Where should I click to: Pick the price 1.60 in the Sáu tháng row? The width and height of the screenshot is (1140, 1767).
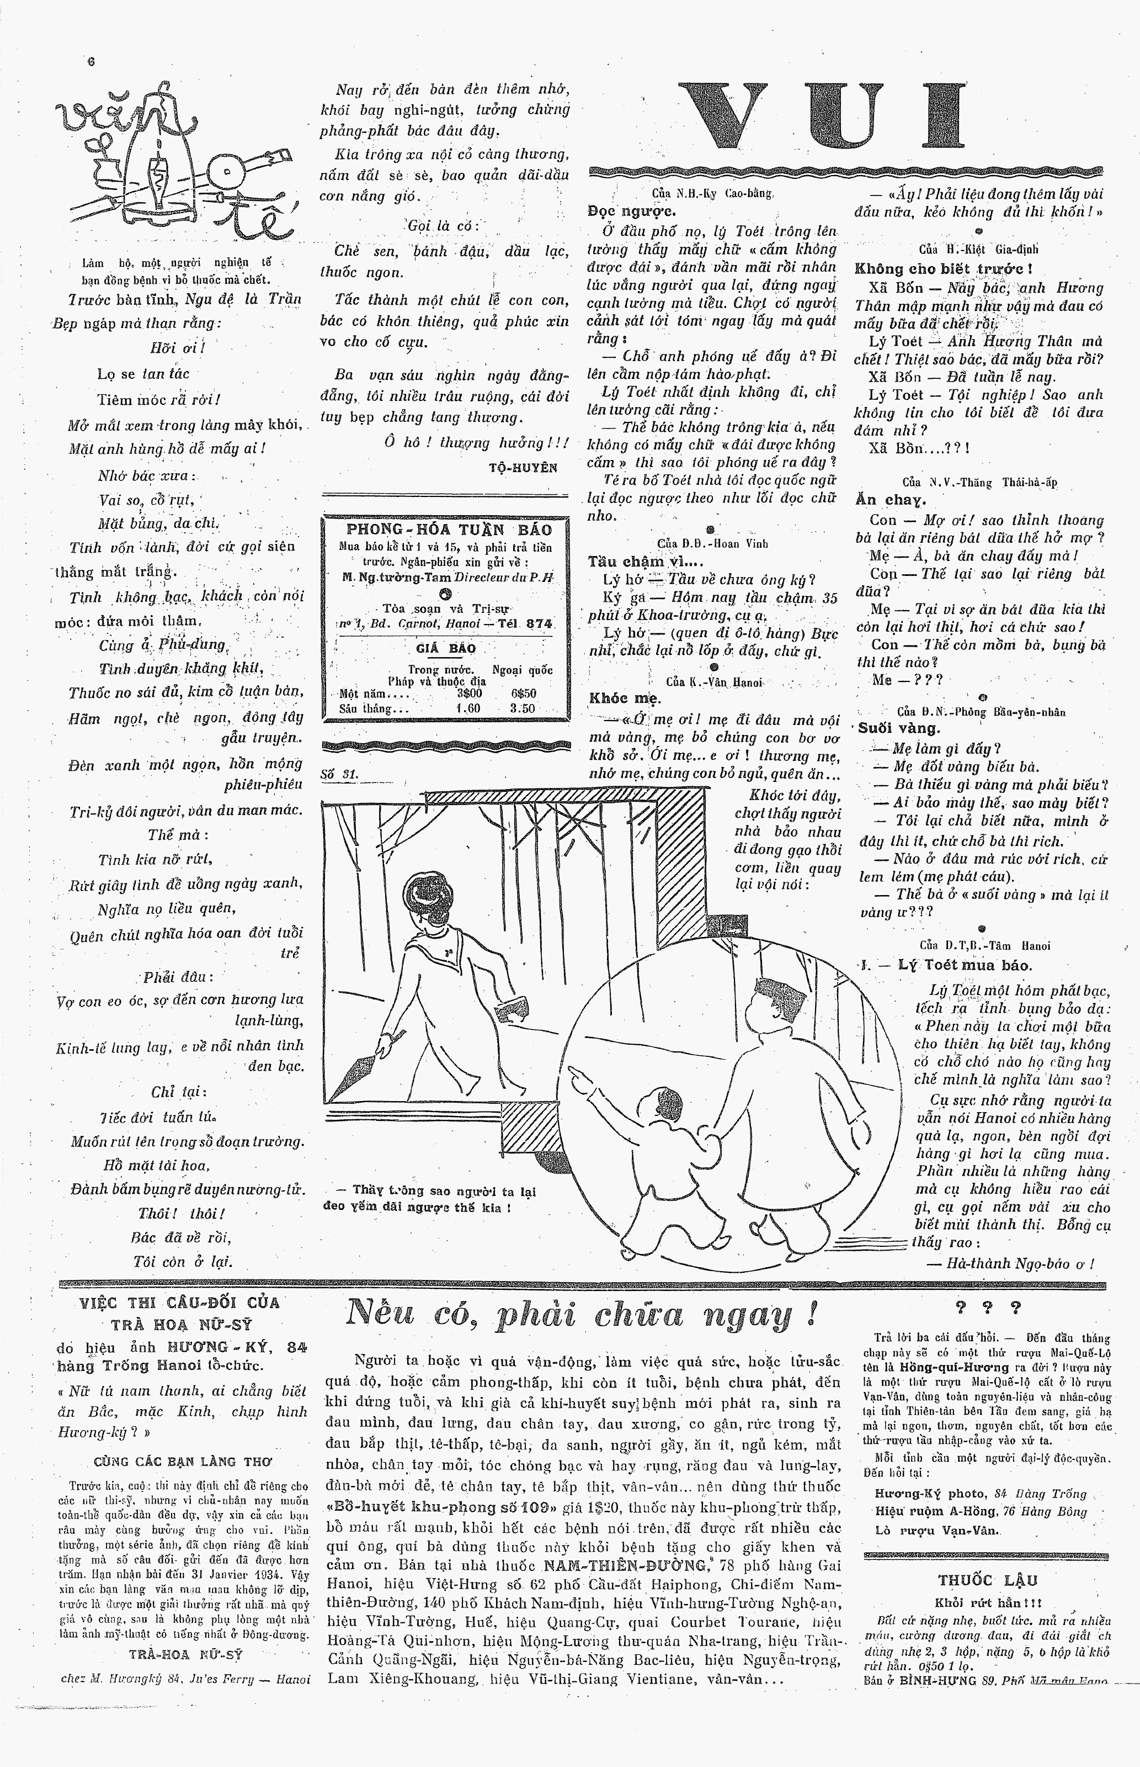pyautogui.click(x=468, y=707)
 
